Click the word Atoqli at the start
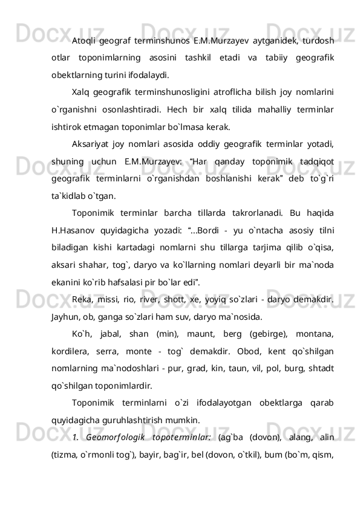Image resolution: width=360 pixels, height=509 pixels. click(x=85, y=41)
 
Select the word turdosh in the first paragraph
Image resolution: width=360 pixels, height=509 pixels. click(x=321, y=41)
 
